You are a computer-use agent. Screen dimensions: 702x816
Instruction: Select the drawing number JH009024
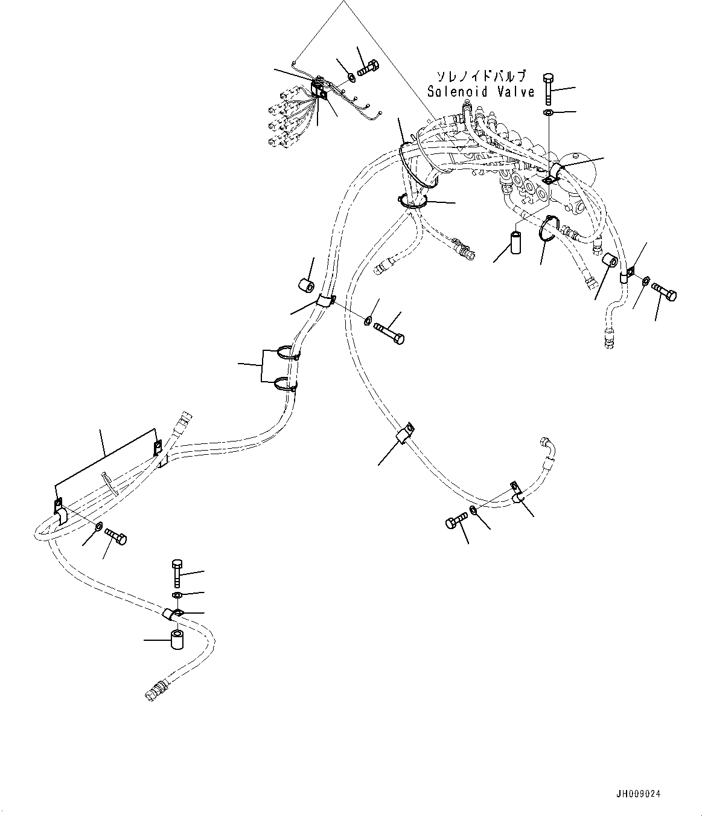coord(638,794)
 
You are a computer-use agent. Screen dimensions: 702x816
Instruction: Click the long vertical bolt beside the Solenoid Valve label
coord(549,88)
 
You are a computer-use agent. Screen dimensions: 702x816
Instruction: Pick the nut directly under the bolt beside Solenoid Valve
coord(548,113)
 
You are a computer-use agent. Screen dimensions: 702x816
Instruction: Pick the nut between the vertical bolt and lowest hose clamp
coord(177,595)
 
